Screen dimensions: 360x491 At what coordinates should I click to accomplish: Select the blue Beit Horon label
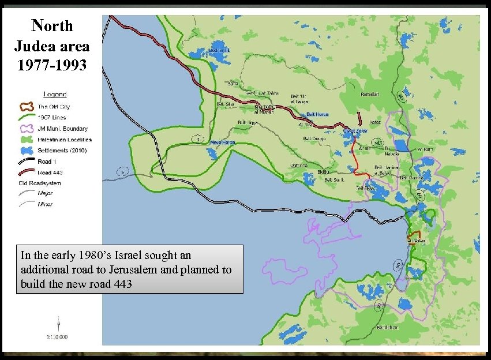click(x=317, y=114)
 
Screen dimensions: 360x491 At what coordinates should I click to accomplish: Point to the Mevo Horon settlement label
click(x=223, y=142)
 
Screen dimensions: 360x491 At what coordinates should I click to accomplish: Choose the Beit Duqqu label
click(x=314, y=138)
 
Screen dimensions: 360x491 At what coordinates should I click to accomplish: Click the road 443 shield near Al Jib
click(x=378, y=142)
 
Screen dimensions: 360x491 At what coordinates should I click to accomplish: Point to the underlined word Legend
click(x=55, y=94)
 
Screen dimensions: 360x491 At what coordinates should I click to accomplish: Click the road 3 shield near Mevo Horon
click(x=198, y=139)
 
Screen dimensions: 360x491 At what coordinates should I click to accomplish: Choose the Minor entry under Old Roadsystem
click(x=44, y=204)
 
